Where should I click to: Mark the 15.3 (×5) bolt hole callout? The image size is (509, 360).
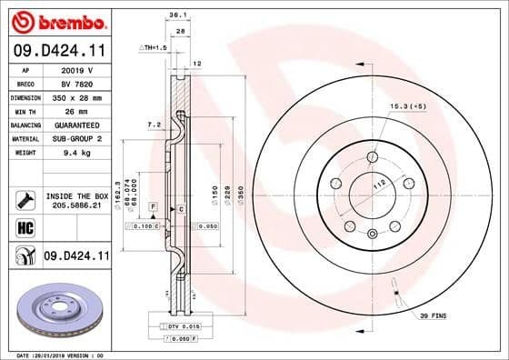407,107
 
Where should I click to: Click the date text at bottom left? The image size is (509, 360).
55,354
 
